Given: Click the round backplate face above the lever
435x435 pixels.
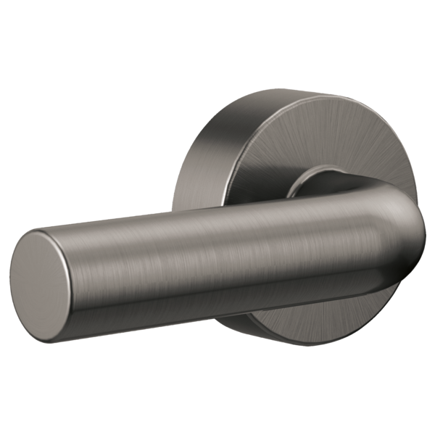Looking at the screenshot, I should pos(341,138).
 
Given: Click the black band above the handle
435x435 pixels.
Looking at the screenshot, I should pos(217,43).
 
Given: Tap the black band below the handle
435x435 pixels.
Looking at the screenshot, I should pos(217,391).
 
